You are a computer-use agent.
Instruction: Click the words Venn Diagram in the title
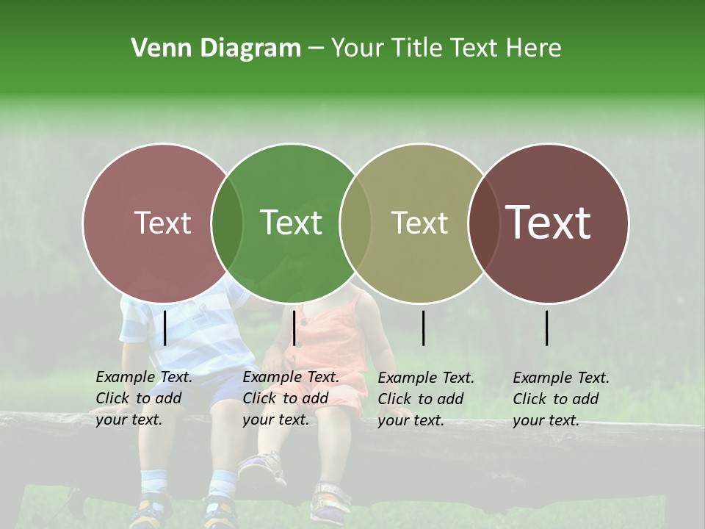[x=216, y=48]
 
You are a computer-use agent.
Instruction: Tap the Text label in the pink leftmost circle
[x=163, y=223]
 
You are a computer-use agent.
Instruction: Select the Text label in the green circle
[x=292, y=223]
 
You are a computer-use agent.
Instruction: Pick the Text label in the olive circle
[x=420, y=223]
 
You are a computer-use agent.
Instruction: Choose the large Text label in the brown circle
[x=549, y=223]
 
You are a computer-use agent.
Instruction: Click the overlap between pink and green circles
[x=227, y=223]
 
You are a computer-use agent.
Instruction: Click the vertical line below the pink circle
[x=165, y=328]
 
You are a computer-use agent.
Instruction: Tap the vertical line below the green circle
[x=294, y=328]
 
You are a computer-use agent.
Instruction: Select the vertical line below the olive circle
[x=424, y=328]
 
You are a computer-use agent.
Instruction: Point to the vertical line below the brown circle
[x=547, y=328]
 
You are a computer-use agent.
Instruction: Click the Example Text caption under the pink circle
[x=144, y=398]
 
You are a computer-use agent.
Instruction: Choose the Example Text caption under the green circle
[x=291, y=398]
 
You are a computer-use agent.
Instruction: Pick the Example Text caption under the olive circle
[x=426, y=399]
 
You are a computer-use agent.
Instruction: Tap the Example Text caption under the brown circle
[x=561, y=399]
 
